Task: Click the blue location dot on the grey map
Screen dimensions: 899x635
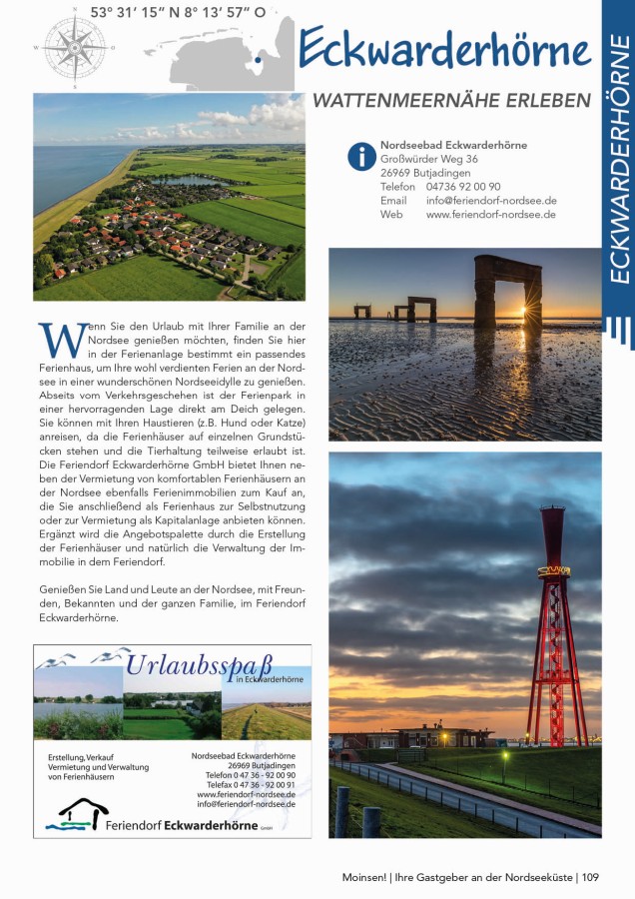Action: tap(259, 60)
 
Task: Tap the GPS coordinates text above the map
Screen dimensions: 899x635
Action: tap(178, 12)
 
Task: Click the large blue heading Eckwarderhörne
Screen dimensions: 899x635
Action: tap(444, 49)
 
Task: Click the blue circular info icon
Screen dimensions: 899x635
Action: tap(360, 157)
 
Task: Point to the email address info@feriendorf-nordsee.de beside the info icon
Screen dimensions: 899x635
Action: tap(491, 201)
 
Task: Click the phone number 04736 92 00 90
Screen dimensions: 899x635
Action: tap(463, 187)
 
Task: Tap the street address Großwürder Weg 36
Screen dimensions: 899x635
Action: tap(429, 159)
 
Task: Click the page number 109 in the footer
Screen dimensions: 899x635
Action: tap(590, 878)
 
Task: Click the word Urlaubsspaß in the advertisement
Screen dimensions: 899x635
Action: tap(199, 663)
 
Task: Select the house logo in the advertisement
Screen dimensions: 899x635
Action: tap(83, 814)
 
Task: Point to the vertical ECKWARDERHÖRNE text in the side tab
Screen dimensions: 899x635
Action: tap(618, 160)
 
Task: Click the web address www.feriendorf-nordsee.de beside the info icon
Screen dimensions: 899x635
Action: tap(491, 215)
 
